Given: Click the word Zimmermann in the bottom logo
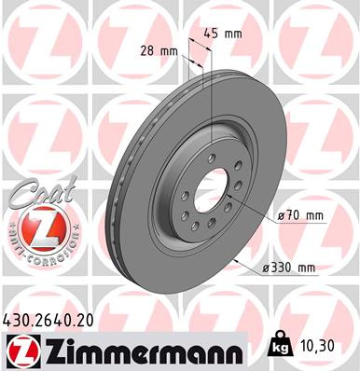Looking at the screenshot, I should tap(140, 352).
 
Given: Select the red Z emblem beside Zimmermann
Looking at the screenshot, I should tap(23, 351).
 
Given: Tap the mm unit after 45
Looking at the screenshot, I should tap(234, 34).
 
